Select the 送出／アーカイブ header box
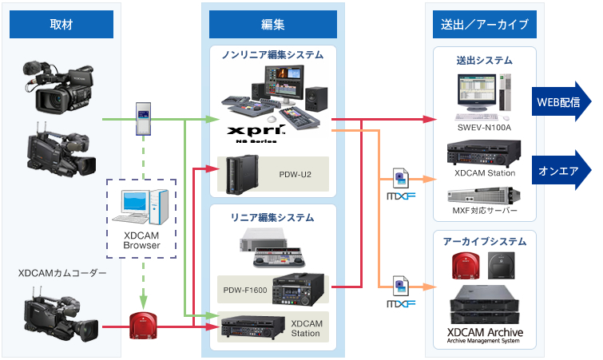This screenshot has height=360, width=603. click(x=485, y=25)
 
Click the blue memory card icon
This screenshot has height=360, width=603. click(x=144, y=118)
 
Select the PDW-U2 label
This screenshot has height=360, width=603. click(x=294, y=173)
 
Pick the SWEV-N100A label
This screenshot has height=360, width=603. click(x=484, y=128)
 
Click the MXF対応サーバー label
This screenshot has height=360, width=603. click(x=485, y=212)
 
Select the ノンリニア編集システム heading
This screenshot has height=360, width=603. click(x=272, y=55)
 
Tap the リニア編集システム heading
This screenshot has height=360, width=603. click(x=272, y=217)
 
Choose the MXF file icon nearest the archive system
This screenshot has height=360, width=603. click(x=402, y=291)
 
